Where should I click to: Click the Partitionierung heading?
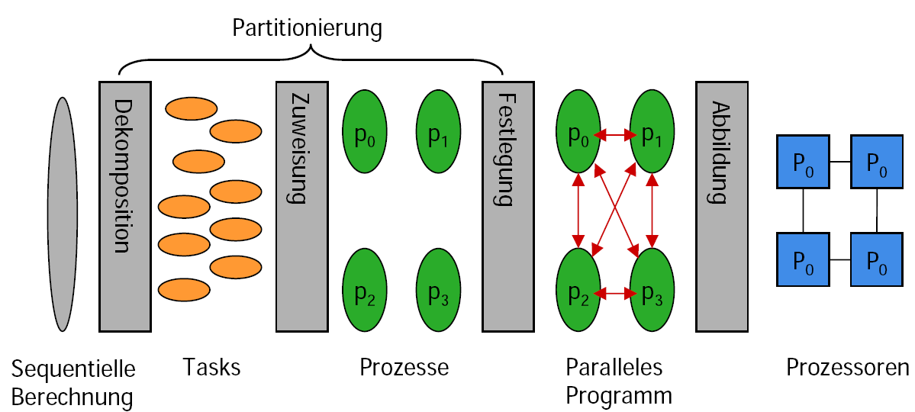[307, 29]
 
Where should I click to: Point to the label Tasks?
[211, 367]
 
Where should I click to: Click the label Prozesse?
[404, 367]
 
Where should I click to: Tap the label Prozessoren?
[847, 367]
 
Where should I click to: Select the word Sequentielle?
[73, 369]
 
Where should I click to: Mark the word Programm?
[618, 395]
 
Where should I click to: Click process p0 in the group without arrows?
[365, 131]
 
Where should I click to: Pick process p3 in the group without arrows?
[437, 291]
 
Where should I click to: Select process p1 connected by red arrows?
[651, 131]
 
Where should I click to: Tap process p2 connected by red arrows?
[578, 291]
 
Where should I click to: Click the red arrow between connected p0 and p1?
[615, 136]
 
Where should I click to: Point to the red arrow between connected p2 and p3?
[615, 291]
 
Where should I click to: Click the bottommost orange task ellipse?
[183, 289]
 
